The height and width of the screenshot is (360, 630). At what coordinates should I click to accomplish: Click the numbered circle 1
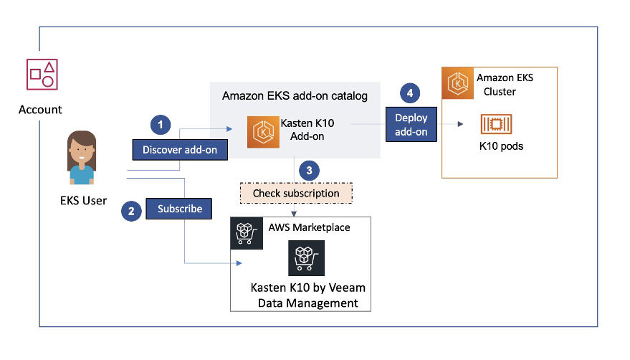[161, 125]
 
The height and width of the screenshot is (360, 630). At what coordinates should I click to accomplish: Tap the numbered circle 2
[130, 212]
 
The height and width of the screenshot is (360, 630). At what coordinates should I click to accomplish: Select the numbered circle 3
[308, 171]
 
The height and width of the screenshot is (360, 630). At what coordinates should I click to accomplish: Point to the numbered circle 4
[410, 93]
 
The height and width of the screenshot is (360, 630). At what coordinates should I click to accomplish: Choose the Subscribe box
[180, 209]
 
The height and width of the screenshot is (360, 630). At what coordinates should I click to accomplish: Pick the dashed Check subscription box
[296, 194]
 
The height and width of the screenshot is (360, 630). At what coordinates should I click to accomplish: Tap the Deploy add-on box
[411, 124]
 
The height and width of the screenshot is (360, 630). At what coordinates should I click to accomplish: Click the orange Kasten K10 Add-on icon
[263, 132]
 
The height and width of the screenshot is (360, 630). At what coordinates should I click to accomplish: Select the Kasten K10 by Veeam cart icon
[306, 258]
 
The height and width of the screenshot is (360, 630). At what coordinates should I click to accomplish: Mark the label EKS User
[83, 200]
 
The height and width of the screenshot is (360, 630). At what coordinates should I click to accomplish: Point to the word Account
[41, 110]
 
